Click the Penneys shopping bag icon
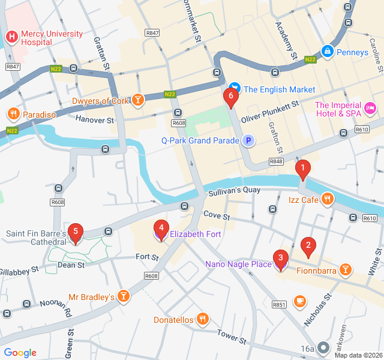[x=327, y=52]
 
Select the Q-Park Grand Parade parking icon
[x=248, y=141]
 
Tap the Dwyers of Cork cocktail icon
[x=139, y=100]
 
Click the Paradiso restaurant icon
[x=13, y=113]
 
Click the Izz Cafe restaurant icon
[x=328, y=199]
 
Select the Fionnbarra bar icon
[x=345, y=270]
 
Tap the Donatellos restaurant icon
[x=203, y=319]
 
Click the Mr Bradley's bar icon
[x=123, y=296]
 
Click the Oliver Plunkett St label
[x=270, y=112]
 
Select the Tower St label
[x=232, y=337]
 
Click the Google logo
[x=20, y=353]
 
